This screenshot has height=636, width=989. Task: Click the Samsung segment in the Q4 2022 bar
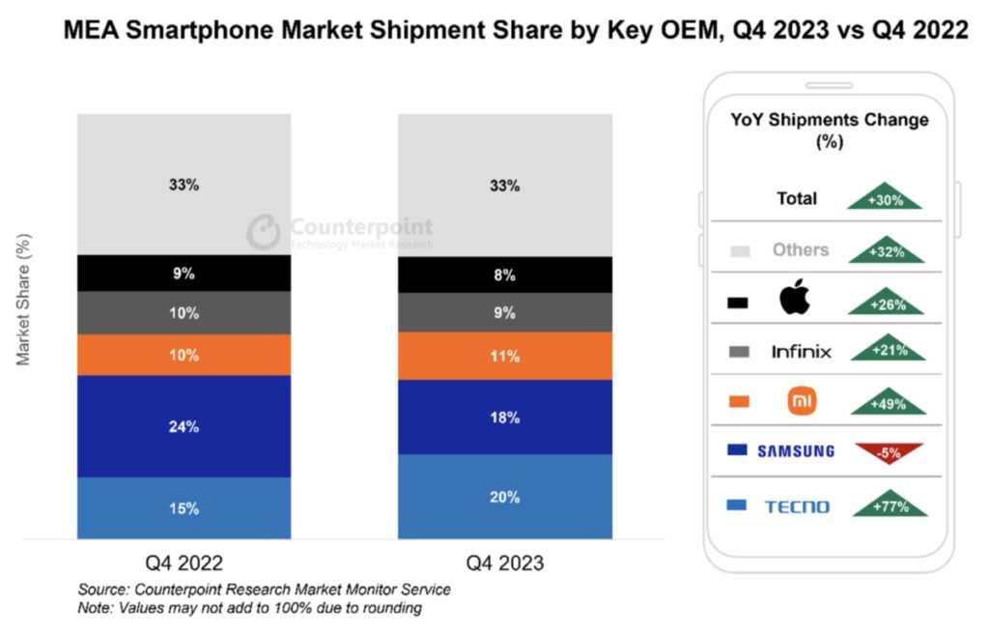(x=184, y=425)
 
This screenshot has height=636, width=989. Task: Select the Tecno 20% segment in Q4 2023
(x=504, y=496)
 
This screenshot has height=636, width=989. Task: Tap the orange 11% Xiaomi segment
(x=504, y=356)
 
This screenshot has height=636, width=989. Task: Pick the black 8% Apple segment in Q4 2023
(x=504, y=275)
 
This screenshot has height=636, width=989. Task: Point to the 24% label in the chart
(x=184, y=426)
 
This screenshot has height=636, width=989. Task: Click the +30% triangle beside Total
(x=885, y=197)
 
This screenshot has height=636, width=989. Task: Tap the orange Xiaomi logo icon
(x=802, y=400)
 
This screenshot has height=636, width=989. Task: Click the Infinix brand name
(x=801, y=351)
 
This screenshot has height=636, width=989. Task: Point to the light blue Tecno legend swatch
(x=739, y=506)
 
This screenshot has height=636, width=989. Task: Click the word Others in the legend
(x=800, y=249)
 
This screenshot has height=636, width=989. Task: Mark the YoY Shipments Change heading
(x=829, y=130)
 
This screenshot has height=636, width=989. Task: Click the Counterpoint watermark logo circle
(x=264, y=232)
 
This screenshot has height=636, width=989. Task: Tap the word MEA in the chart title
(x=93, y=31)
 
